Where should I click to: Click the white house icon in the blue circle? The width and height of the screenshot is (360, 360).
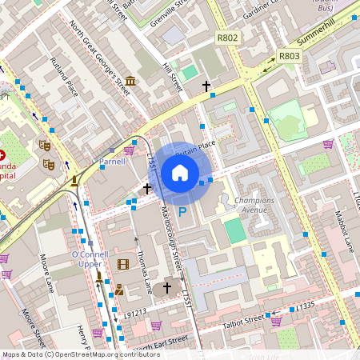pos(180,173)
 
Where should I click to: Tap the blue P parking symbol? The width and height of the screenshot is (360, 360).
pos(182,212)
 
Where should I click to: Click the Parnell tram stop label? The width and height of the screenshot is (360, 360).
pos(112,162)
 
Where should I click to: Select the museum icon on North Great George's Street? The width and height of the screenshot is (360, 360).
pos(130,82)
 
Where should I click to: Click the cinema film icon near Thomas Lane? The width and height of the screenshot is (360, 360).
pos(122,264)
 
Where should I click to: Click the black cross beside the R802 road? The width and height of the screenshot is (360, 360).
pos(206,86)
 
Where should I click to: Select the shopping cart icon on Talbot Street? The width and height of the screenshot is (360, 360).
pos(276,321)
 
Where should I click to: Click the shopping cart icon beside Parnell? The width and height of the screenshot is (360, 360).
pos(129,150)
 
